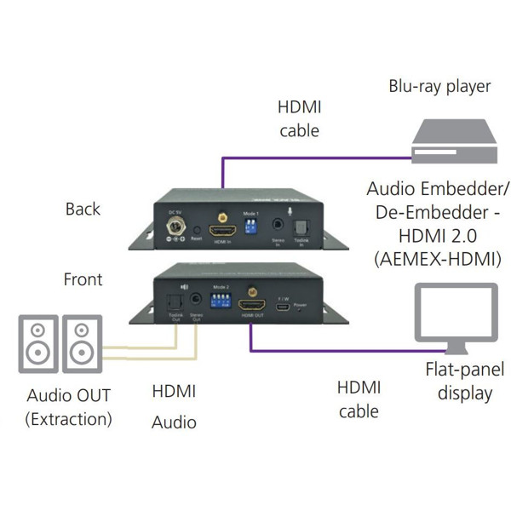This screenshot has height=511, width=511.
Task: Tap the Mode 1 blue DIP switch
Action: point(250,227)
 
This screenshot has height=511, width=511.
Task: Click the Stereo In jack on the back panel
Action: point(278,227)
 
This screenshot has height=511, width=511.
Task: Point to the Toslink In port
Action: point(301,227)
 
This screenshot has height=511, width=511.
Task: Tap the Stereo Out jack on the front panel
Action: point(198,301)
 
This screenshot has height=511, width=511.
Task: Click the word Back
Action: point(83,209)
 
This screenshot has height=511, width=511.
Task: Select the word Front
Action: point(83,279)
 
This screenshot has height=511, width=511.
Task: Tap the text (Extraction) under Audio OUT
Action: point(68,418)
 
